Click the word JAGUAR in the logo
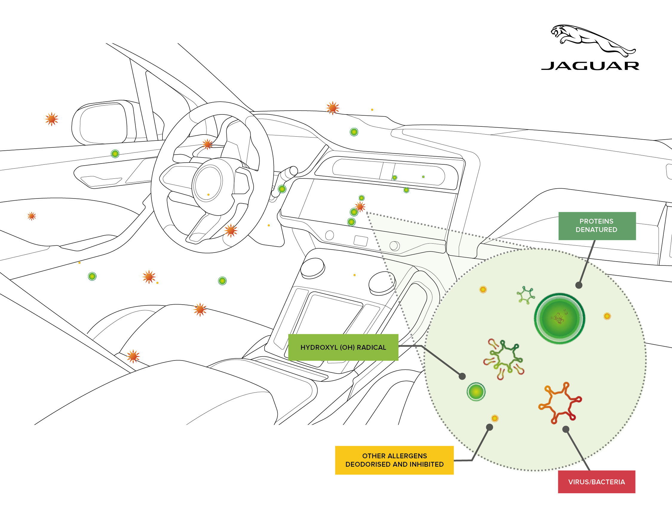point(590,66)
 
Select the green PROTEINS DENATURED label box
point(597,226)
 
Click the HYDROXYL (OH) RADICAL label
point(343,347)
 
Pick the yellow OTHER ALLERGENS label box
point(394,460)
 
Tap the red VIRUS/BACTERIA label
point(596,482)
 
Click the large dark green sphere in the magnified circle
point(559,318)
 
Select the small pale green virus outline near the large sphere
point(526,295)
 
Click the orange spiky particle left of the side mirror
point(52,119)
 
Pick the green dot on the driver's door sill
point(115,154)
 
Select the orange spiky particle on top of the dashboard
point(333,108)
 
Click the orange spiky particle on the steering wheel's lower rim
point(231,230)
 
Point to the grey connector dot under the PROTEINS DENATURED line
point(579,285)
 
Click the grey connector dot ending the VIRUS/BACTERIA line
point(566,430)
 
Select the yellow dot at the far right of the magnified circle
point(607,316)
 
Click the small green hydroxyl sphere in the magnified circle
point(476,392)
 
